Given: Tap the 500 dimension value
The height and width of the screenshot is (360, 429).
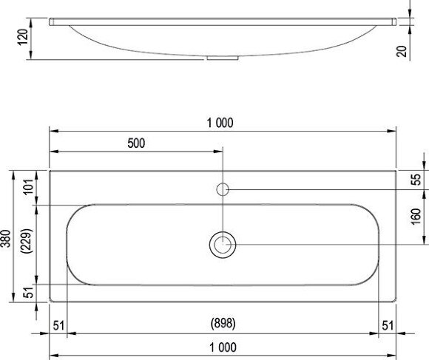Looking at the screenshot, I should tap(136, 143).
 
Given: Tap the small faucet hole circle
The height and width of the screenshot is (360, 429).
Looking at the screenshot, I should tap(222, 189).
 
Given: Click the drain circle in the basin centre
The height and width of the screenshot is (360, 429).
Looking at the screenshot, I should tap(222, 244).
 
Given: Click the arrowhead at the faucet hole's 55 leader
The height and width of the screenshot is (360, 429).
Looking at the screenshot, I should tap(231, 189).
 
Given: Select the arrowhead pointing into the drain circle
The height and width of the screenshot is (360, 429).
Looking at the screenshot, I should tap(236, 244).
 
